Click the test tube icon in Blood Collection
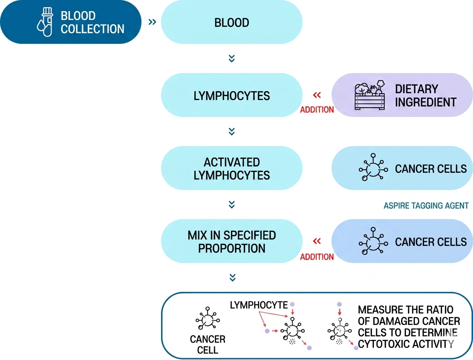point(45,22)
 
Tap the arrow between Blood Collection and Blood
point(152,22)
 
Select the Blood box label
point(232,22)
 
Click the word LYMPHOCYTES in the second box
point(232,96)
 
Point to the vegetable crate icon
point(369,95)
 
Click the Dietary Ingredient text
point(426,95)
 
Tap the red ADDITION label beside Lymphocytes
point(317,110)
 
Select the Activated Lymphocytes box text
point(232,169)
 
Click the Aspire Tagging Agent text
point(426,206)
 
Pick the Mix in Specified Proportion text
point(232,242)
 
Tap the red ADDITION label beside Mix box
point(317,257)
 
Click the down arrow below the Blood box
point(232,58)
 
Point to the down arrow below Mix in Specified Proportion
point(232,278)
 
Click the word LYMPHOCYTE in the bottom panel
point(259,305)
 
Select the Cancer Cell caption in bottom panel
point(208,345)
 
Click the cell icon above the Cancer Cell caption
point(208,318)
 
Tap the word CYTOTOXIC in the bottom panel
point(383,344)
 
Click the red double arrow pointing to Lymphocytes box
point(317,95)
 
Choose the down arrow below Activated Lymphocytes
point(232,205)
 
